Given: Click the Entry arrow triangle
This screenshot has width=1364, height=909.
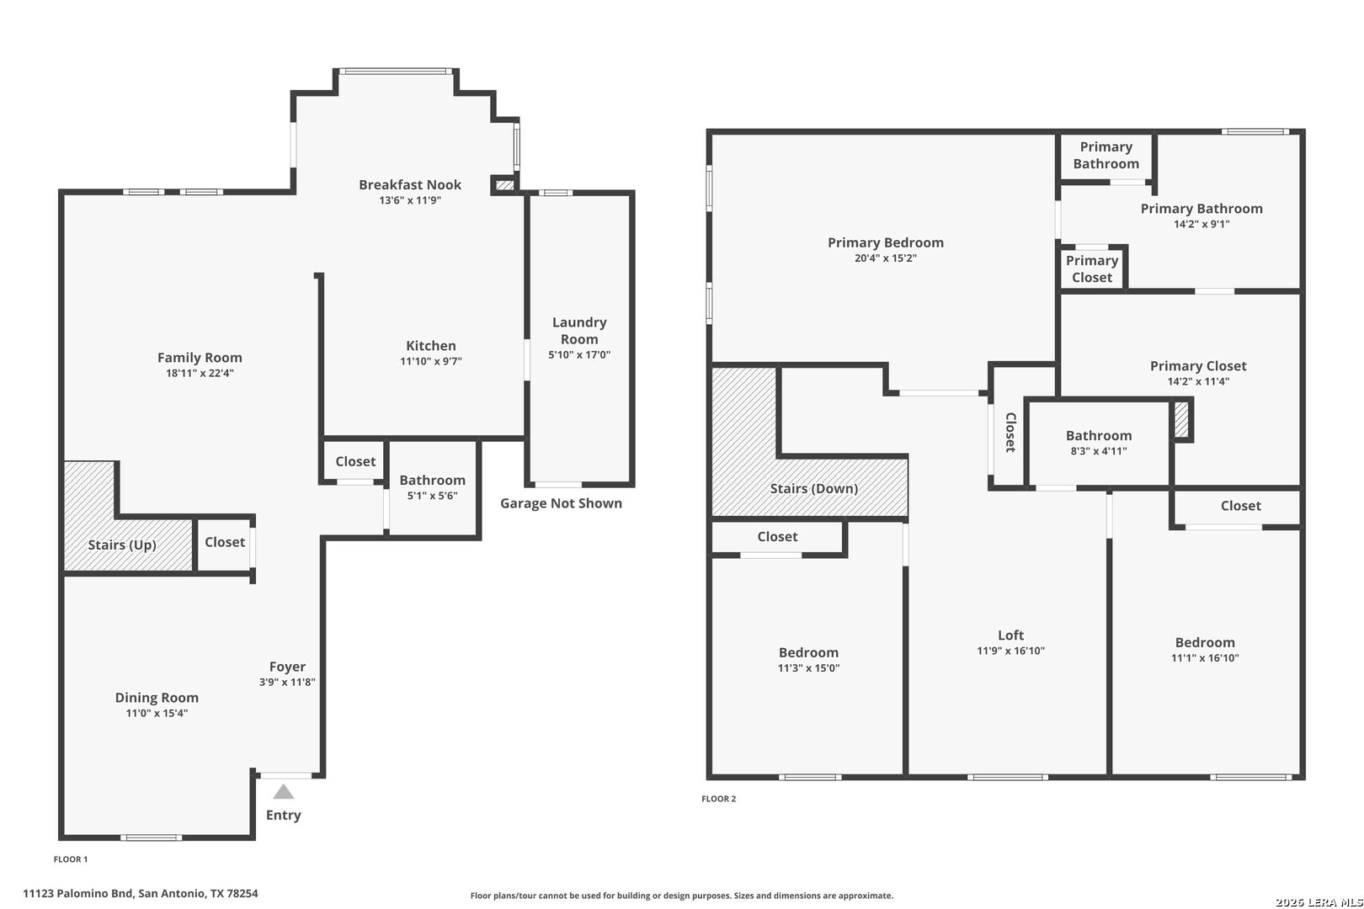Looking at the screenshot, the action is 283,791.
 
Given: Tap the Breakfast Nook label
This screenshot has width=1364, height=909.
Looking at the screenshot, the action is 410,184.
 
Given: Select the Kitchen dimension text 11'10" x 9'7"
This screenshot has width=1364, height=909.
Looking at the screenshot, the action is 431,361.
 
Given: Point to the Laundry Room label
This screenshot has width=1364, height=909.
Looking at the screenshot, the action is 579,331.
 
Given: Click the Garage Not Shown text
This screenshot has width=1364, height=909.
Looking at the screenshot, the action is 561,503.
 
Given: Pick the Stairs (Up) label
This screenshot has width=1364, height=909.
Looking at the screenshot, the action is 122,545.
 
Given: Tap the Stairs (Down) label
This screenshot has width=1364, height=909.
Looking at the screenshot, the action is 814,488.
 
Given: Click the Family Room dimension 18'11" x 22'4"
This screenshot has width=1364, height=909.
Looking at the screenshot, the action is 200,373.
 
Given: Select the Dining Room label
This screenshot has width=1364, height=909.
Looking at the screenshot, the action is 157,698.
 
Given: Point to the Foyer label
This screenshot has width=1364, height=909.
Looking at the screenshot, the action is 287,667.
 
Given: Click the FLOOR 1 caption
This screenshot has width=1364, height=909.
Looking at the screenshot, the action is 71,859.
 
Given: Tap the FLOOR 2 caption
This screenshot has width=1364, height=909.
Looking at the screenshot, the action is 718,799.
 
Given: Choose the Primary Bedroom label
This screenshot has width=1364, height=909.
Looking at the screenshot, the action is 886,242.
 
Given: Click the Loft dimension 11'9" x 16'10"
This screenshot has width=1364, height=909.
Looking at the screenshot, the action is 1011,651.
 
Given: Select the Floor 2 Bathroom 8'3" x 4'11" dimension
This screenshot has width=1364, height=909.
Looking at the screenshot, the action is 1099,451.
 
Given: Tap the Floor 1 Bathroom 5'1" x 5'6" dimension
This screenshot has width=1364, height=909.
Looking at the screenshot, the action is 432,496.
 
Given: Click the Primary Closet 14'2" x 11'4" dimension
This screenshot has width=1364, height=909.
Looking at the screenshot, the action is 1198,382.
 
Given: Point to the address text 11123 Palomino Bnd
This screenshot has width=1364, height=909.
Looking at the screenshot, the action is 77,893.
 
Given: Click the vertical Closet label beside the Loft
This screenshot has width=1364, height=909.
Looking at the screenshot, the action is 1011,433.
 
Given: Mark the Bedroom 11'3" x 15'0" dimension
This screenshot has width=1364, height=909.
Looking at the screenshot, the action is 808,668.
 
